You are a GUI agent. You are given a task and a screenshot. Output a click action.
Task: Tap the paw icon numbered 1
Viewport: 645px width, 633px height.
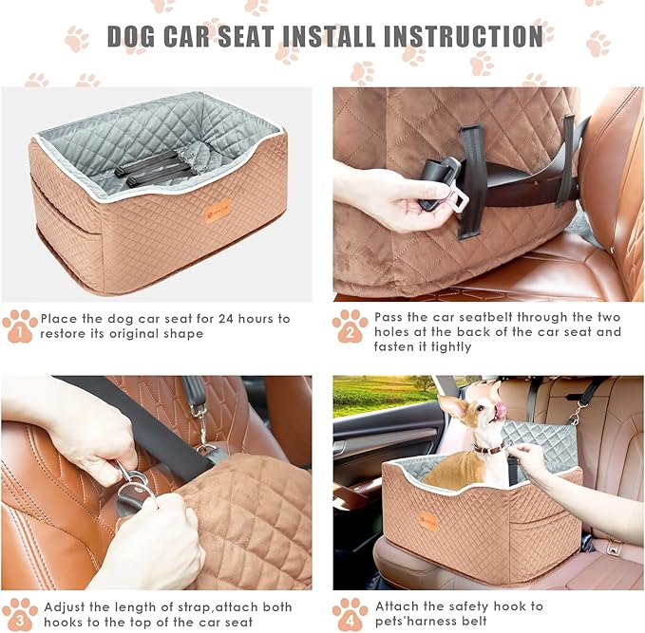click(20, 326)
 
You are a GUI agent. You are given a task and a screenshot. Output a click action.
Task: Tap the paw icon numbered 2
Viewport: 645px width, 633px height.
click(349, 326)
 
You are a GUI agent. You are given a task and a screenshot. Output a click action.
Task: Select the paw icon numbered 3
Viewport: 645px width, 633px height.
click(20, 614)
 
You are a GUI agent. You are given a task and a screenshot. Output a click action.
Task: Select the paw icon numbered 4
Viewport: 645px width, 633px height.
click(349, 614)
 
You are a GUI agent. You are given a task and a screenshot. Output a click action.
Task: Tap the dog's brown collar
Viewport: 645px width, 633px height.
click(488, 448)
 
